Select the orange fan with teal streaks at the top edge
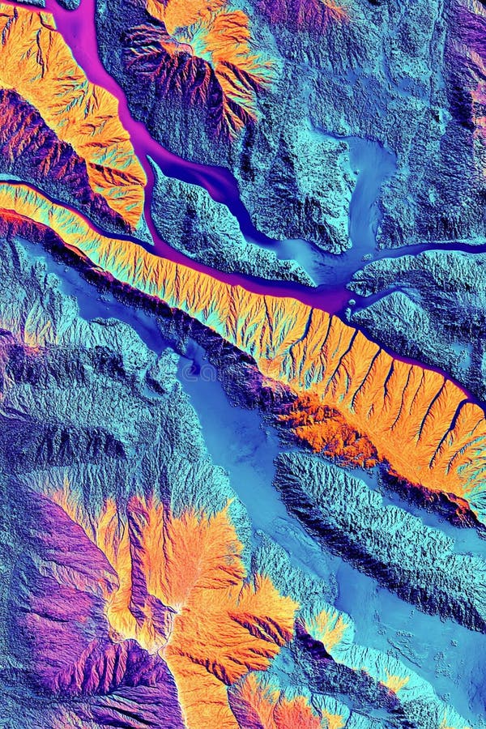click(211, 49)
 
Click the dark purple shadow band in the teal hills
click(57, 441)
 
